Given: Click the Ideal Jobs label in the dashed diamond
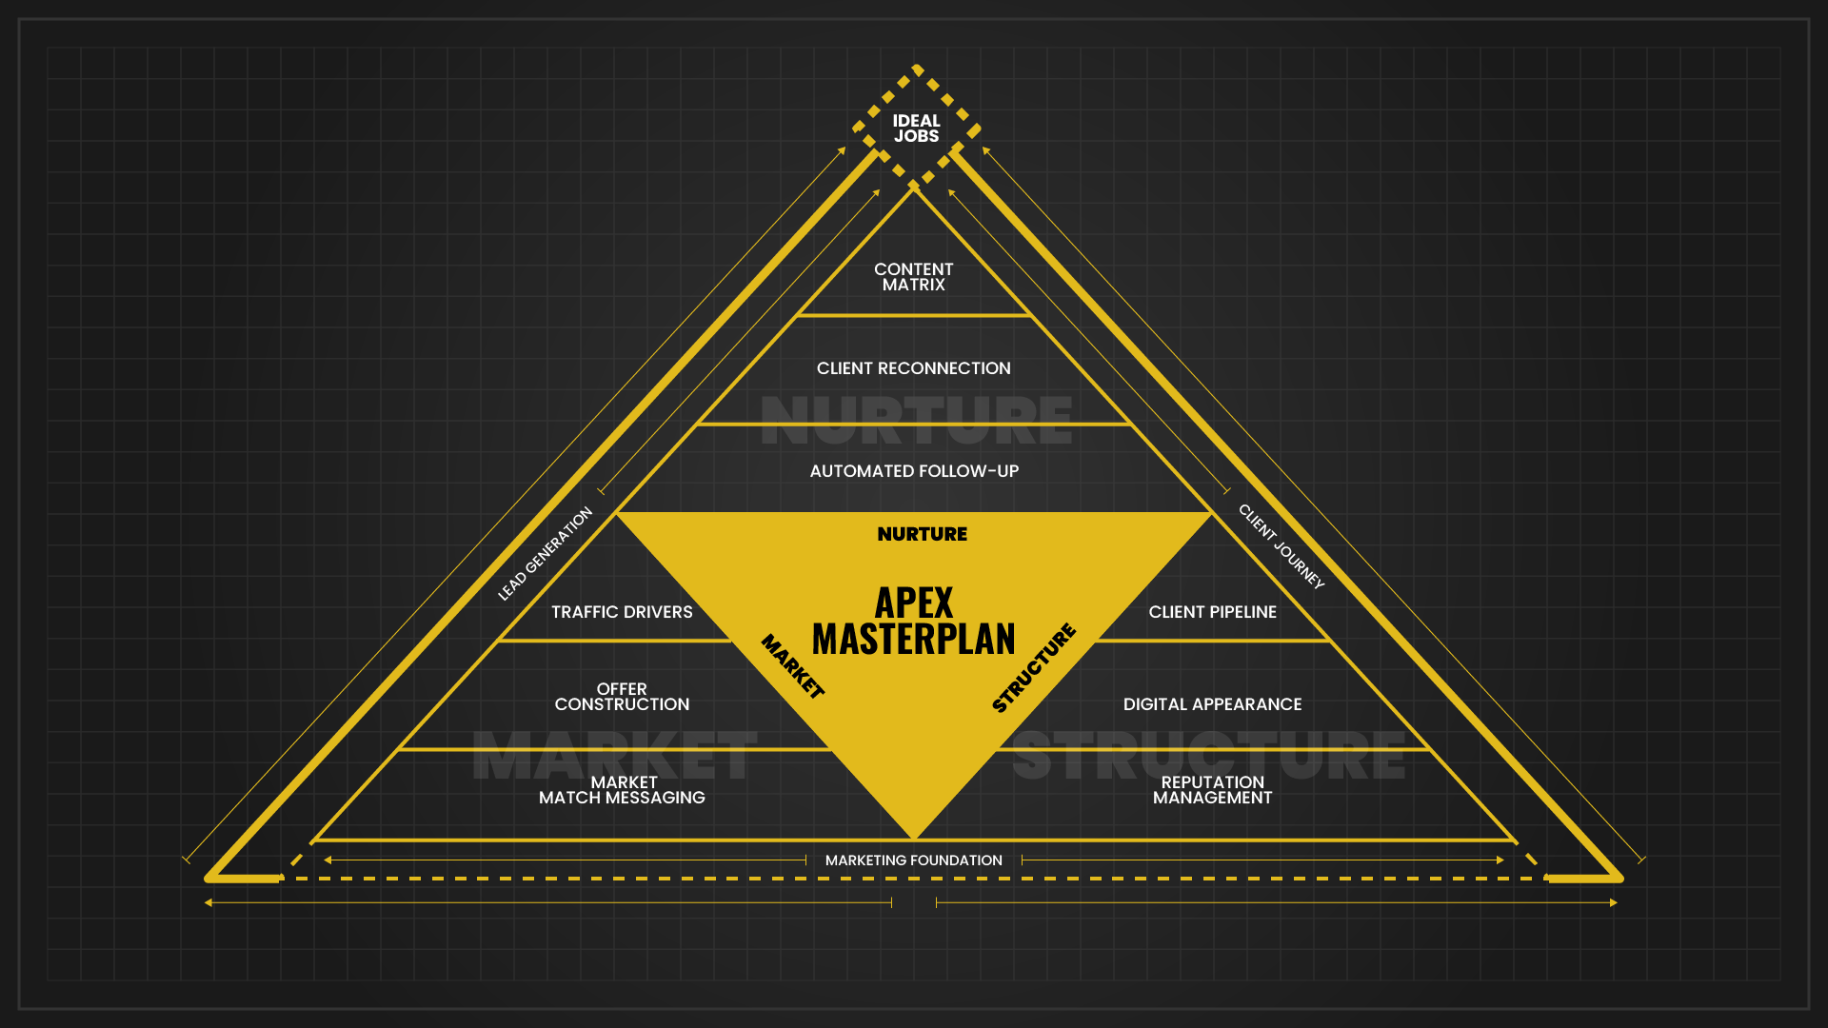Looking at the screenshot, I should click(x=916, y=128).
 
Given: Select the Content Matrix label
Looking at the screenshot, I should click(x=913, y=277).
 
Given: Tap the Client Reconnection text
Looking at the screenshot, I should click(x=913, y=368).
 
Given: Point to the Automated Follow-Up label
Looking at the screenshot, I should click(x=914, y=471).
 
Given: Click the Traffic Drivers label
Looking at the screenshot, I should click(x=622, y=612).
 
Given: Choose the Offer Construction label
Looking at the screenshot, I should click(x=622, y=697).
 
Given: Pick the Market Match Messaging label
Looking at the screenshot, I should click(x=622, y=790).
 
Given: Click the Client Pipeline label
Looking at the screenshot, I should click(x=1212, y=612).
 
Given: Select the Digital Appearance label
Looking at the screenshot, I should click(x=1212, y=704).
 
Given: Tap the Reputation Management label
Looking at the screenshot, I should click(x=1212, y=790).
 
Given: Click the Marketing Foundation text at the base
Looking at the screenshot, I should click(x=913, y=860).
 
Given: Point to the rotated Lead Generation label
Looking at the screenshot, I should click(x=545, y=554).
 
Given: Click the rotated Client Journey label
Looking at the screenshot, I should click(x=1282, y=546).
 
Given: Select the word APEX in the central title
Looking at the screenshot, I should click(x=914, y=603).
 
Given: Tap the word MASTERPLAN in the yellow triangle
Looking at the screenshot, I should click(x=914, y=639).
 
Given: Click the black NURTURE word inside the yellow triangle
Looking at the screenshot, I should click(x=922, y=534).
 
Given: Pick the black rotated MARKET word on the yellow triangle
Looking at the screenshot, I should click(x=792, y=666).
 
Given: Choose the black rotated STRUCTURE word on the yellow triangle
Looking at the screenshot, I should click(x=1034, y=667).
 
